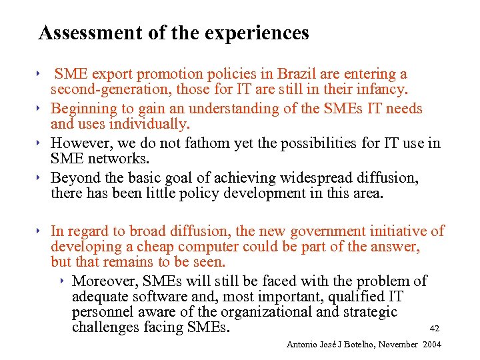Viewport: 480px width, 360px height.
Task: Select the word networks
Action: pos(116,159)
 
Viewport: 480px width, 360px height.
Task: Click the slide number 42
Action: pos(435,328)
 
